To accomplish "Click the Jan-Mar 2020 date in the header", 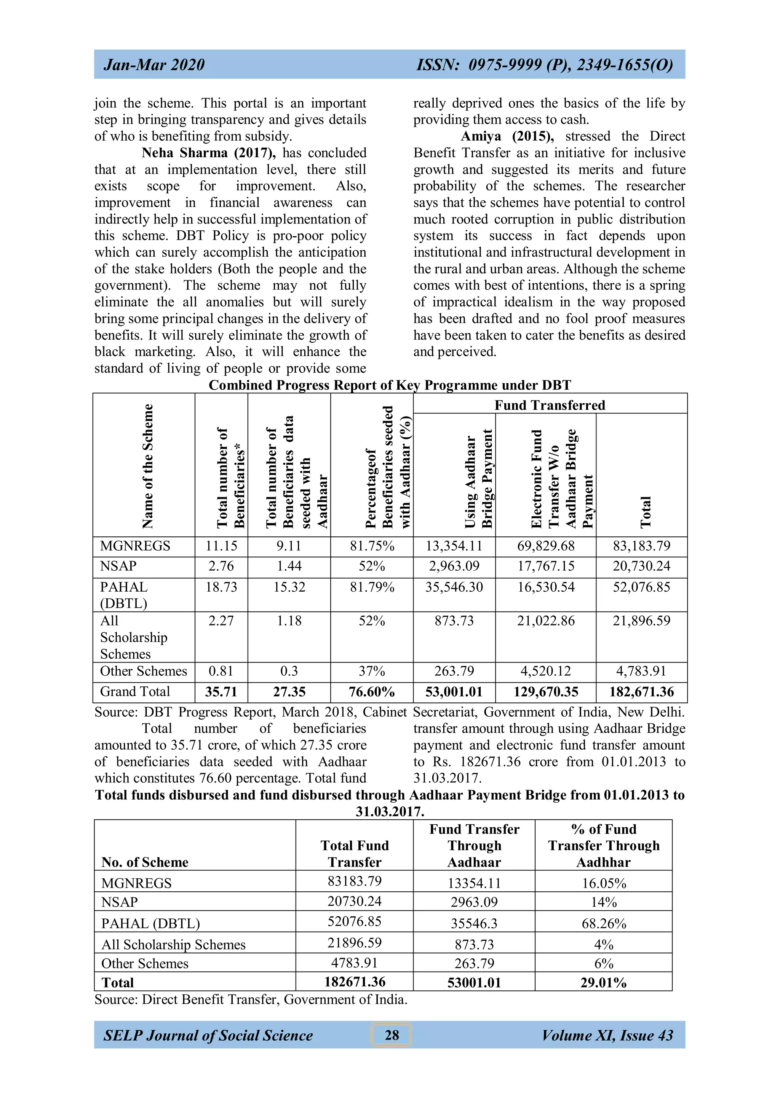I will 154,64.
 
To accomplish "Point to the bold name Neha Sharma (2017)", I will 209,153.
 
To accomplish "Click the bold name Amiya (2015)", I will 507,136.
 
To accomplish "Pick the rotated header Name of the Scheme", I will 147,466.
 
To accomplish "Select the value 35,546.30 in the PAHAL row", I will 454,587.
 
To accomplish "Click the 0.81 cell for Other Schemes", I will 221,671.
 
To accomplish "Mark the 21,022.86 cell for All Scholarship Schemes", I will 545,621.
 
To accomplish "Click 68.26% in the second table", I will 603,923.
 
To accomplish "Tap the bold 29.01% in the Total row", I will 603,982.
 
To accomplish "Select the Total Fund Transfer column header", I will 354,853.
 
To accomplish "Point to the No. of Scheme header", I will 145,862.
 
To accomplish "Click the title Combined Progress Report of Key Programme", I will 389,385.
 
